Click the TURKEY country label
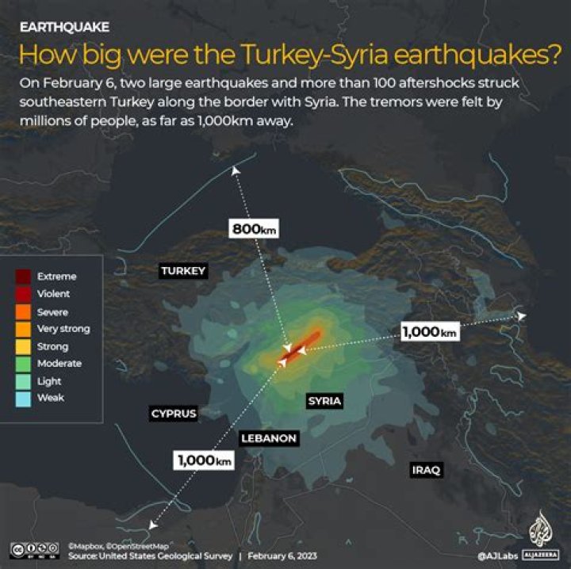click(183, 271)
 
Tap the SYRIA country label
click(324, 401)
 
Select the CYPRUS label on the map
click(174, 414)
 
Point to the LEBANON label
click(269, 438)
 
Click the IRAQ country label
click(426, 471)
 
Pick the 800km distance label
click(255, 230)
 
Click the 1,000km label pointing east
click(430, 333)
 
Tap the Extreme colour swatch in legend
click(23, 277)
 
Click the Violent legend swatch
click(23, 294)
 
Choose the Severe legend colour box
click(23, 311)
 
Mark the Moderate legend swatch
click(23, 364)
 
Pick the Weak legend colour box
click(23, 398)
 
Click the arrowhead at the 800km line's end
click(234, 170)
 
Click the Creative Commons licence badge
click(35, 549)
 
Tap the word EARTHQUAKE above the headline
click(64, 27)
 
